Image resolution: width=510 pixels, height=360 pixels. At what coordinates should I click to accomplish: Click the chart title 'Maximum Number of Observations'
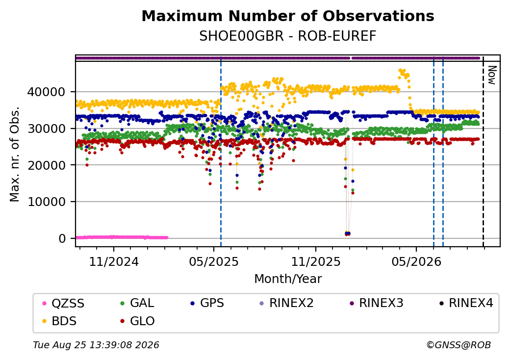(288, 16)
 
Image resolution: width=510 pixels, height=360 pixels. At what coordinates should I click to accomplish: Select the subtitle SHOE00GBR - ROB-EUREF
(288, 36)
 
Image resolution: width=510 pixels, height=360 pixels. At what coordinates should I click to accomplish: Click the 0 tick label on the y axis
(62, 239)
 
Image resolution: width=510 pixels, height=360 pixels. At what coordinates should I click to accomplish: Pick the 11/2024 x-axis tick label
(114, 262)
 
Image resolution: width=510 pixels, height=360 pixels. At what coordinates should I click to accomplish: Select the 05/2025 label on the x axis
(214, 262)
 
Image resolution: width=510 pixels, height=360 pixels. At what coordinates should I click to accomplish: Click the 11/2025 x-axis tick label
(315, 262)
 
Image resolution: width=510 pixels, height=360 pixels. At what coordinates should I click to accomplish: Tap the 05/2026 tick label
(416, 262)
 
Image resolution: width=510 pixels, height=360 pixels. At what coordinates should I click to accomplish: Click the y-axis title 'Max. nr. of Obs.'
(15, 154)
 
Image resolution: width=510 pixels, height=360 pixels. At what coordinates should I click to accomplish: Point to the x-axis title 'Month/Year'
(288, 279)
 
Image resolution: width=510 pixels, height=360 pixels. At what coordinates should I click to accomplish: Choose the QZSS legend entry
(63, 304)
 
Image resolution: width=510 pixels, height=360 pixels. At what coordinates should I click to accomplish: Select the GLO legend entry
(137, 321)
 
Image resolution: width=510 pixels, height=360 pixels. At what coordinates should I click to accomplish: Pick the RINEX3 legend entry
(376, 303)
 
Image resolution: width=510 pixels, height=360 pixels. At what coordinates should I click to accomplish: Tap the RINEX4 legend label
(466, 303)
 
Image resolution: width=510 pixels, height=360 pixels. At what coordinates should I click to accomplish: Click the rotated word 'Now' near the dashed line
(492, 75)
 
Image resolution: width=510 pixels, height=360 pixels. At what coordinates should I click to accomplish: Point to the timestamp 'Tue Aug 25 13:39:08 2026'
(96, 345)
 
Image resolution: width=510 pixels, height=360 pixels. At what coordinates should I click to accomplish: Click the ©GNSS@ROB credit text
(459, 345)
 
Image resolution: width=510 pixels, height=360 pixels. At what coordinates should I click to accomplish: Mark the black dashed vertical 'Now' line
(483, 151)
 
